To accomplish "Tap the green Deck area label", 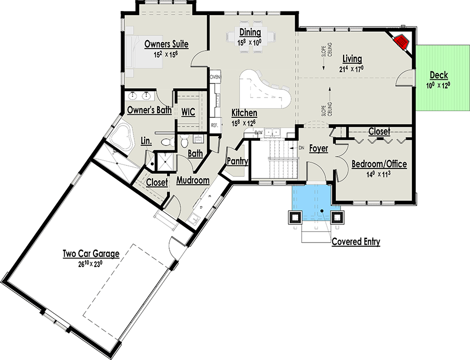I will coord(439,75).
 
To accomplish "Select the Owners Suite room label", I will coord(166,44).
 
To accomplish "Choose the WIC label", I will coord(188,112).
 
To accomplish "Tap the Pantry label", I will coord(237,161).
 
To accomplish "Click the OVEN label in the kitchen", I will coord(215,77).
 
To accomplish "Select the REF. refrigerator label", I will coord(214,125).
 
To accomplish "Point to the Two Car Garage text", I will coord(91,254).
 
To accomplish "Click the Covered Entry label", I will coord(356,242).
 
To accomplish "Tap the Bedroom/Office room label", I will coord(379,164).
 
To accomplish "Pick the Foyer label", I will coord(318,149).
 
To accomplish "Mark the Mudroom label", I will coord(193,181).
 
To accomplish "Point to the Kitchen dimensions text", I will coord(244,123).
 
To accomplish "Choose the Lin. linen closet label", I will coord(146,140).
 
